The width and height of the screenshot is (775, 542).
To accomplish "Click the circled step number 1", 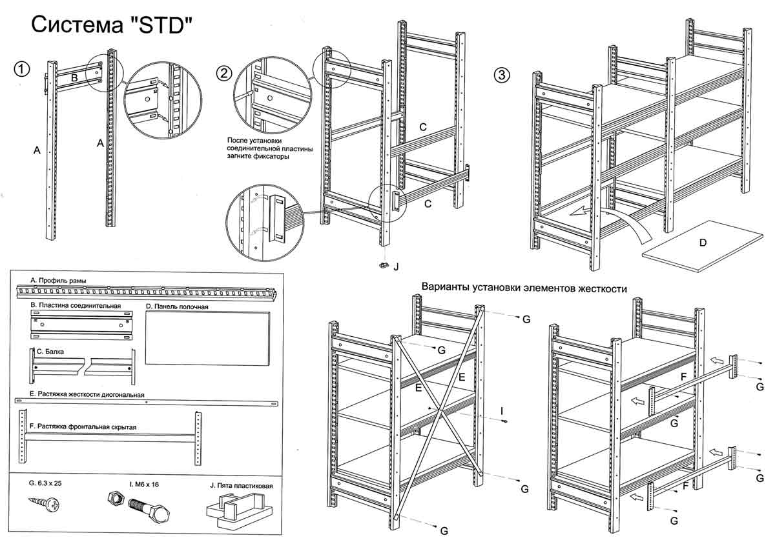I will tap(23, 69).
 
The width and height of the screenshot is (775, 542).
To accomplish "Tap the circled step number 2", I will tap(223, 73).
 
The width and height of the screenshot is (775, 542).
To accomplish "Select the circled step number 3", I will tap(502, 75).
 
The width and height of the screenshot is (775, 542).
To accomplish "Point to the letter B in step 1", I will tap(74, 78).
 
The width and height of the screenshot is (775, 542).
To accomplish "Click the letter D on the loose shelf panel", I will tap(703, 243).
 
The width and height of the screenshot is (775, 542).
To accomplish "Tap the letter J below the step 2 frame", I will tap(396, 265).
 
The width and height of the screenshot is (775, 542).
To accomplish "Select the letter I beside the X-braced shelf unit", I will tap(502, 410).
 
